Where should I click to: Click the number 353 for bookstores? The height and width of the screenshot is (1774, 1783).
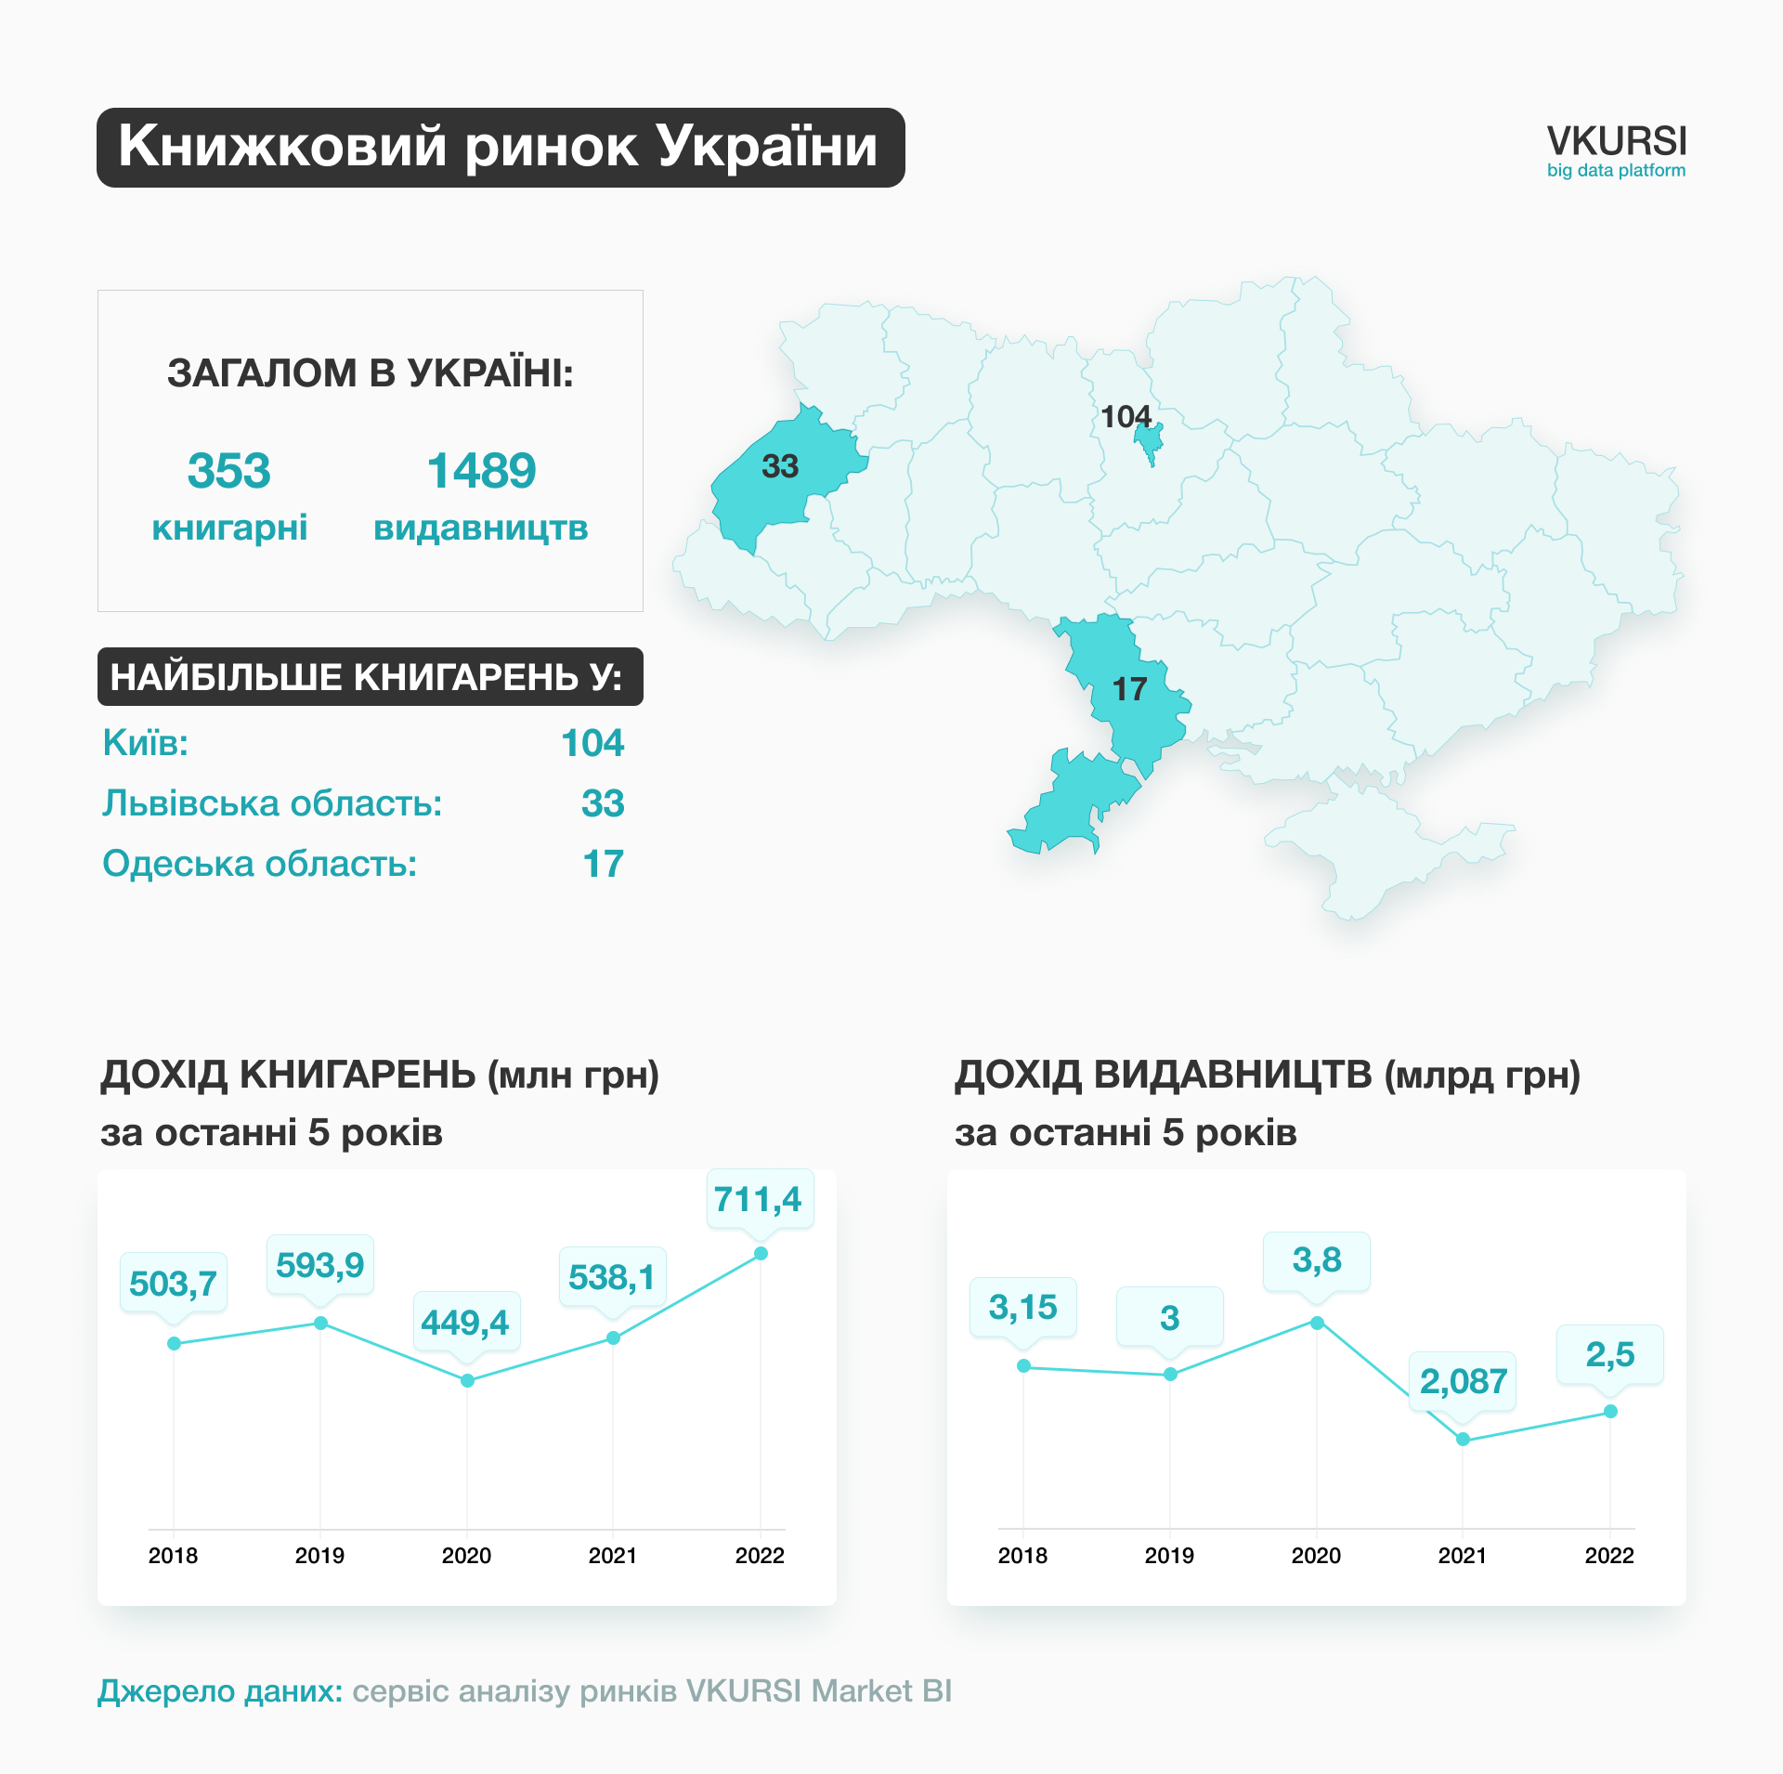pos(228,470)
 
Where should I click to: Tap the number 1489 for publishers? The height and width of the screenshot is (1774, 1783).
pos(481,470)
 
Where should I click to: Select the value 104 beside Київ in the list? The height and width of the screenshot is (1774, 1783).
pos(592,743)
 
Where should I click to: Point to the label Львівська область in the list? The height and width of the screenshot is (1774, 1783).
pos(272,803)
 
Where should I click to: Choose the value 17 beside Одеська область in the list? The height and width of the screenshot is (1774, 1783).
pos(603,864)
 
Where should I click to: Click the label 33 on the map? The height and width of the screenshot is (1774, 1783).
pos(780,466)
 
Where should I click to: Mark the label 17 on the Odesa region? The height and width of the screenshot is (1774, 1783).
pos(1129,689)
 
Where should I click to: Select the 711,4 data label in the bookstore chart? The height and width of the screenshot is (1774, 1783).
pos(758,1199)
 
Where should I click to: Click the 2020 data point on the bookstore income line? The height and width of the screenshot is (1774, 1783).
pos(467,1380)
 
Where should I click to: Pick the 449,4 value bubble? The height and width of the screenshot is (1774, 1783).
pos(465,1322)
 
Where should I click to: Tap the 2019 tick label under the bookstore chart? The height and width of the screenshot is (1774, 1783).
pos(319,1555)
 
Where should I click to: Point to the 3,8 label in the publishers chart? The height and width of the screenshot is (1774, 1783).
pos(1317,1260)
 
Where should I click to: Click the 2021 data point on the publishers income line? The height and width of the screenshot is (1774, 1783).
pos(1463,1439)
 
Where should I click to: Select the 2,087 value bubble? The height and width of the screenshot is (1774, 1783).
pos(1463,1381)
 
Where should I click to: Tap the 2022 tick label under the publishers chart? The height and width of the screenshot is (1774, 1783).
pos(1608,1555)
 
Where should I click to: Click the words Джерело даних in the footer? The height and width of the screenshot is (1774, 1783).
pos(220,1690)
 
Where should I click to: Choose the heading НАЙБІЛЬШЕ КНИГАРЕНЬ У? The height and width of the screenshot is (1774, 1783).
pos(369,677)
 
